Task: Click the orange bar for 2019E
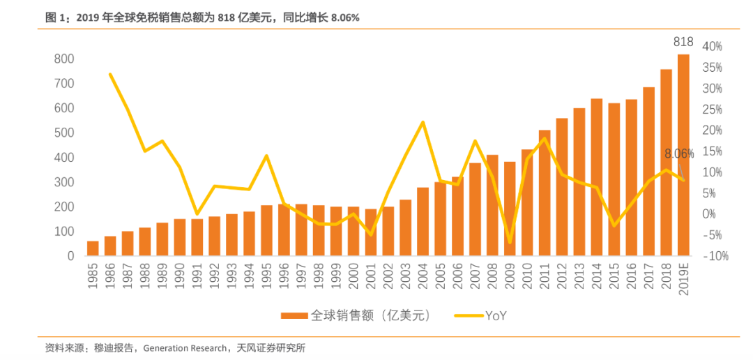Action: pos(683,155)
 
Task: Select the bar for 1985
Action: pos(93,248)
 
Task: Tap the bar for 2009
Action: pos(510,209)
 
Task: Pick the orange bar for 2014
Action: pos(597,177)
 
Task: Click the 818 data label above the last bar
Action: pos(683,43)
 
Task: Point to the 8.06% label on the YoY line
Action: pos(678,154)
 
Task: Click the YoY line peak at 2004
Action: pos(423,122)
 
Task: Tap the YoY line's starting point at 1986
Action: pos(110,74)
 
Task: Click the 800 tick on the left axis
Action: pos(64,59)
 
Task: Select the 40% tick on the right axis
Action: pos(712,46)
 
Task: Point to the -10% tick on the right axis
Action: pos(714,256)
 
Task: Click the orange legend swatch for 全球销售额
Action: pos(293,315)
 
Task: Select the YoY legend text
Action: pos(495,315)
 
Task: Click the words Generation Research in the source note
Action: pos(185,348)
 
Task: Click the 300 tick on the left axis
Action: pos(64,182)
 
